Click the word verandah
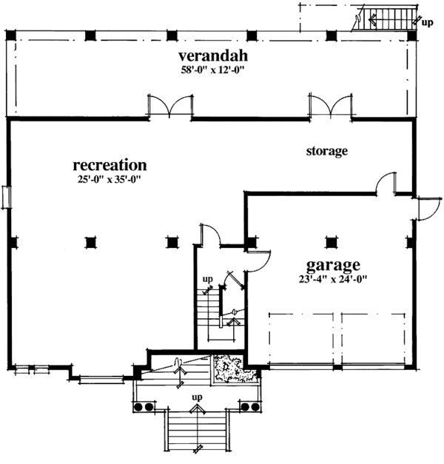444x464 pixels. (212, 56)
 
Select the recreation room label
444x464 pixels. (110, 164)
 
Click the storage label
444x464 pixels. (327, 151)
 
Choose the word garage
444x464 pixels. (334, 264)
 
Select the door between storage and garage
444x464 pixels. (386, 184)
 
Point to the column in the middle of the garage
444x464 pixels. (330, 241)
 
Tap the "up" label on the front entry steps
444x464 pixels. (197, 398)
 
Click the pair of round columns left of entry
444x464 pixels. (144, 407)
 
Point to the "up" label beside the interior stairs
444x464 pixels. (209, 280)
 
